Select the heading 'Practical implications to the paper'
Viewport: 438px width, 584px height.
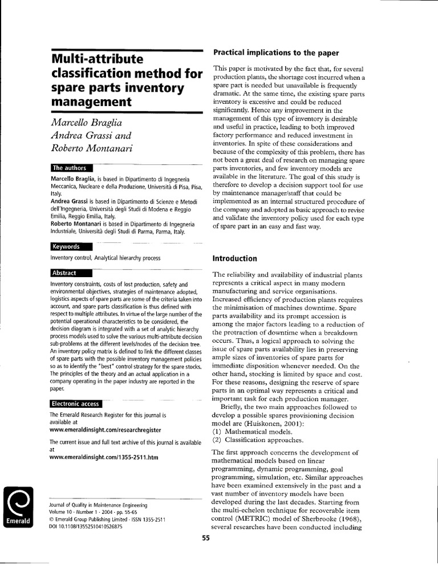pos(276,52)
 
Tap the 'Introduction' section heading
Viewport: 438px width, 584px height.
pos(235,258)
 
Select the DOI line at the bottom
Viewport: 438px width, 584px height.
pos(86,527)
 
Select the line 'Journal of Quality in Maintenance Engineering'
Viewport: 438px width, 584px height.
pos(99,505)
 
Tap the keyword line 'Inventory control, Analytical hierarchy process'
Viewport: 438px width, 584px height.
pos(106,258)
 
